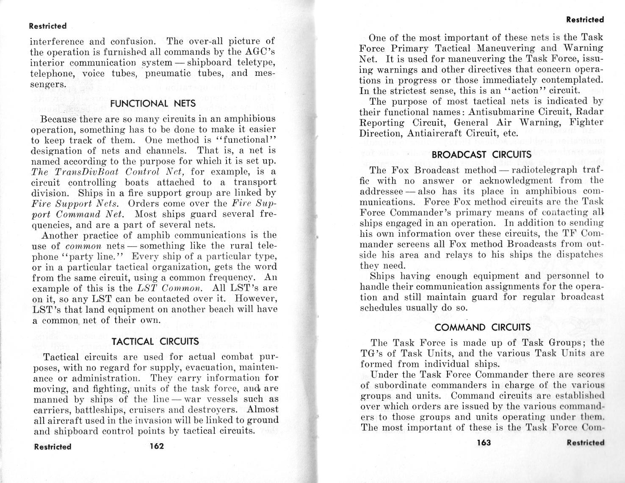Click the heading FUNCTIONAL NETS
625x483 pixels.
[x=153, y=103]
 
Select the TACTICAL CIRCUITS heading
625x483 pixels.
[x=155, y=341]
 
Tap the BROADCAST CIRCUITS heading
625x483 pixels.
[x=481, y=155]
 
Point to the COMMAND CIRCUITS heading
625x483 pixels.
[x=482, y=327]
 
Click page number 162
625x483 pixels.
[x=157, y=446]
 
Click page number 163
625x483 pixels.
[x=484, y=443]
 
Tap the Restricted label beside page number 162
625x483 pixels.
[x=53, y=447]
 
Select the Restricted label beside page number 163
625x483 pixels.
[x=585, y=443]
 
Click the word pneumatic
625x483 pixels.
[x=171, y=73]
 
